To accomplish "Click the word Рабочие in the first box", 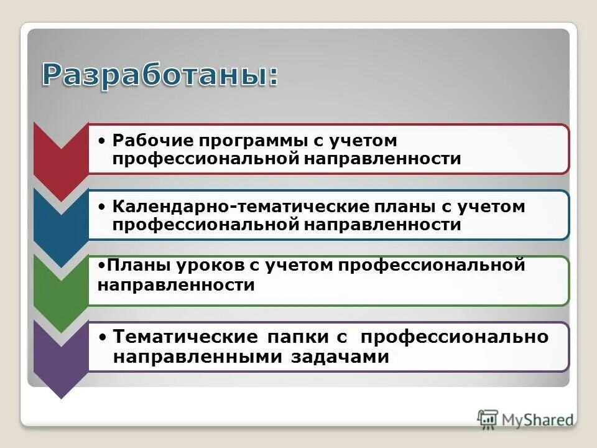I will point(141,141).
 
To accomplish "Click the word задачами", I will point(340,358).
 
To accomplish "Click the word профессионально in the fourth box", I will point(455,337).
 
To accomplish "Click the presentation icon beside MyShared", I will point(488,419).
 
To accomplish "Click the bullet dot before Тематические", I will point(104,337).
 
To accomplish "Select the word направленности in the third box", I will point(177,286).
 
